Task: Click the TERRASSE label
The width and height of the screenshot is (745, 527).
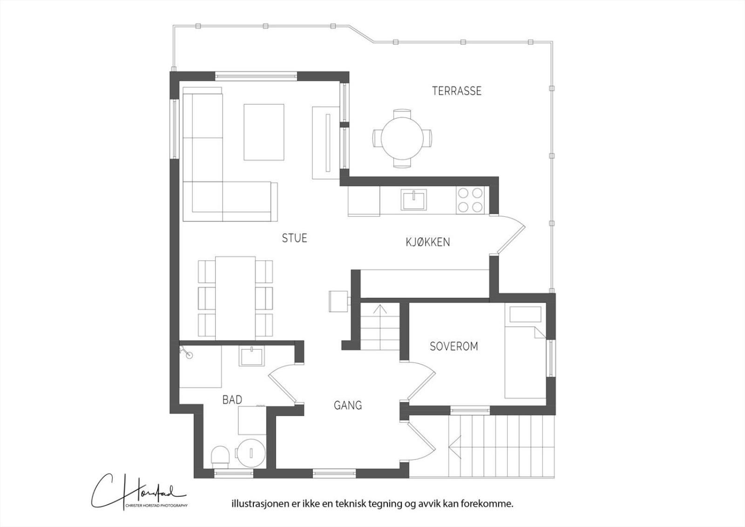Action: tap(457, 91)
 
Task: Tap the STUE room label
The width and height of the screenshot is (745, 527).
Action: tap(294, 238)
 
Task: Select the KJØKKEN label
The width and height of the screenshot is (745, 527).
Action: tap(428, 242)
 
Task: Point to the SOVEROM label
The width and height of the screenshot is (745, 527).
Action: tap(454, 347)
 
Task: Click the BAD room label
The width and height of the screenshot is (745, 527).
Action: tap(232, 400)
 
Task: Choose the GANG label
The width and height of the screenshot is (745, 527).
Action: tap(347, 405)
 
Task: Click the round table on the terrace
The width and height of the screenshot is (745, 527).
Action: tap(402, 138)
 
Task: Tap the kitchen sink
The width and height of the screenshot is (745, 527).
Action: tap(414, 200)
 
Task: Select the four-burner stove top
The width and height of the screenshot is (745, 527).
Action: tap(470, 200)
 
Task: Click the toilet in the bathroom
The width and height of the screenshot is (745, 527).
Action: tap(220, 455)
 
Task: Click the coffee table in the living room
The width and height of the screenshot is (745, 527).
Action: tap(264, 132)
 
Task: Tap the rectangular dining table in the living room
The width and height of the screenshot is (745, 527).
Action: tap(236, 298)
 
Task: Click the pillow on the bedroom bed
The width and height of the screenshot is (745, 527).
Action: tap(526, 315)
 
